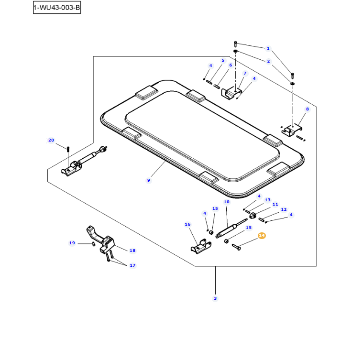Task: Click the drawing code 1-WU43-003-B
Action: pyautogui.click(x=56, y=8)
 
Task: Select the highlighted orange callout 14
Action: pyautogui.click(x=262, y=236)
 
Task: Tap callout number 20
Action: pyautogui.click(x=51, y=140)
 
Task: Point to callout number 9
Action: pyautogui.click(x=149, y=180)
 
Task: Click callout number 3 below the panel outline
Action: pyautogui.click(x=215, y=298)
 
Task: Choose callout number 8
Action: pyautogui.click(x=308, y=109)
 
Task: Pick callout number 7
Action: pyautogui.click(x=245, y=73)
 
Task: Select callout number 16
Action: pyautogui.click(x=187, y=224)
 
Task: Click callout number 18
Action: pyautogui.click(x=132, y=251)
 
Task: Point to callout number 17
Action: pyautogui.click(x=132, y=265)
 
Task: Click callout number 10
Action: pyautogui.click(x=227, y=202)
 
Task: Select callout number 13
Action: pyautogui.click(x=267, y=200)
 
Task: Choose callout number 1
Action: pyautogui.click(x=268, y=48)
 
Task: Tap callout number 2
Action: pyautogui.click(x=268, y=61)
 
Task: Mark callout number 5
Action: pyautogui.click(x=222, y=60)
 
